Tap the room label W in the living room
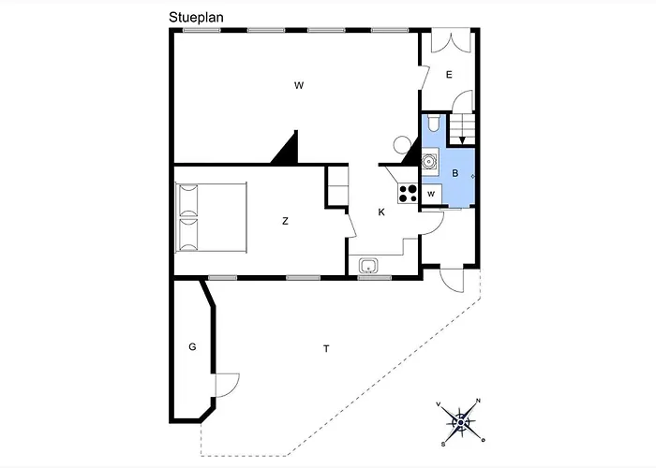pyautogui.click(x=299, y=85)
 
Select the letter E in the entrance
pyautogui.click(x=449, y=75)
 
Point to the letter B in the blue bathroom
pyautogui.click(x=455, y=173)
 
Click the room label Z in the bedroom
pyautogui.click(x=285, y=221)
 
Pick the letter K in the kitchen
pyautogui.click(x=381, y=212)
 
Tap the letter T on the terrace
pyautogui.click(x=326, y=349)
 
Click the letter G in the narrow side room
pyautogui.click(x=192, y=347)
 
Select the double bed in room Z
pyautogui.click(x=210, y=216)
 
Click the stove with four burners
pyautogui.click(x=408, y=193)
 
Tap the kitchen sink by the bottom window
pyautogui.click(x=368, y=264)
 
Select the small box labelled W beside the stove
pyautogui.click(x=431, y=194)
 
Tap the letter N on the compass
pyautogui.click(x=479, y=402)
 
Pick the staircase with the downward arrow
pyautogui.click(x=462, y=129)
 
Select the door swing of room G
pyautogui.click(x=226, y=384)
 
